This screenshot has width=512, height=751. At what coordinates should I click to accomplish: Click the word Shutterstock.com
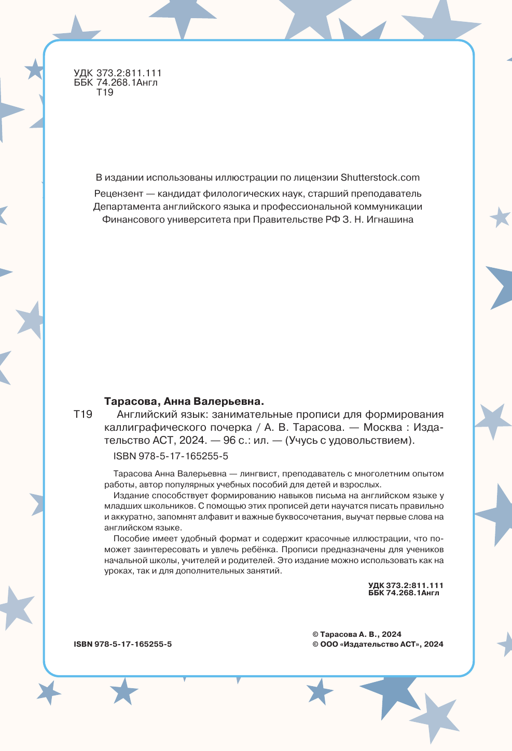tap(380, 177)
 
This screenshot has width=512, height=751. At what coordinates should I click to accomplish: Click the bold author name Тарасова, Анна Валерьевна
tap(184, 401)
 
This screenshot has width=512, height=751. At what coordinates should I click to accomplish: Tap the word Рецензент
tap(119, 194)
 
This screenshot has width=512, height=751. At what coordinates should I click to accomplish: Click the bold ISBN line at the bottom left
tap(123, 644)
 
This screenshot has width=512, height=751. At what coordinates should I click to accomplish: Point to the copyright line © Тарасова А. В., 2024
tap(357, 634)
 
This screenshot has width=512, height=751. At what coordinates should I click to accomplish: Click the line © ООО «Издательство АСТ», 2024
tap(378, 644)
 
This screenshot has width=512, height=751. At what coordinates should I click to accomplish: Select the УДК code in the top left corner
tap(118, 74)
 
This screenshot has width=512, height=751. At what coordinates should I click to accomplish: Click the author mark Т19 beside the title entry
tap(83, 414)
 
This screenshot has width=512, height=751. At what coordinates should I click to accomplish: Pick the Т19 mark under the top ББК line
tap(105, 92)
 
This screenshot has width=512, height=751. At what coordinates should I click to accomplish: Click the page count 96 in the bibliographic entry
tap(229, 441)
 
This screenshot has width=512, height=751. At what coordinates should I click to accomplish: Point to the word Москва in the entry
tap(383, 428)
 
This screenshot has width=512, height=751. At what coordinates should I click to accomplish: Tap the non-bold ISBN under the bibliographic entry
tap(171, 456)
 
